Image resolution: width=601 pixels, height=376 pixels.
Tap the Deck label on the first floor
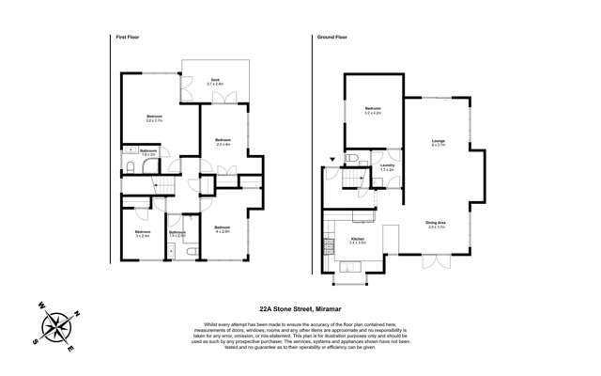215,82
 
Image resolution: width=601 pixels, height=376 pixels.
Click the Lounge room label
439,142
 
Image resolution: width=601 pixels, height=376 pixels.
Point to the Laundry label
387,166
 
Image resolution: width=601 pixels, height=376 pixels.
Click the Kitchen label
357,241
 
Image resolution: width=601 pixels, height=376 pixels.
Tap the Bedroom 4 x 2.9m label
223,229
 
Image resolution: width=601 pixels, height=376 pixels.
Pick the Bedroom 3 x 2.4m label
143,233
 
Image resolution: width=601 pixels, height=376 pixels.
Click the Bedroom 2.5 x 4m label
223,142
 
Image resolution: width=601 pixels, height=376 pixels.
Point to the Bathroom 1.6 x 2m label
148,152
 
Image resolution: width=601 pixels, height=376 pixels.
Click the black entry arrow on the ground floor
331,162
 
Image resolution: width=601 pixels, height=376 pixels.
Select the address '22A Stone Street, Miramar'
300,305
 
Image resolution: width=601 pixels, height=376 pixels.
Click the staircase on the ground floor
355,177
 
